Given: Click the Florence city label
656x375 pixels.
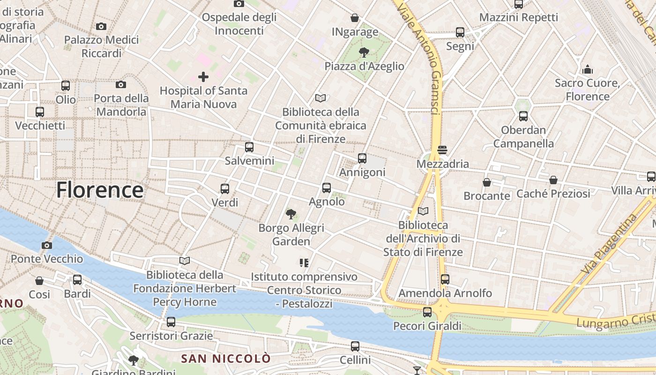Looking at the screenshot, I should [x=100, y=190].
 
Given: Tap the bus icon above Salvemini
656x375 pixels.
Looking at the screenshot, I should [x=249, y=147].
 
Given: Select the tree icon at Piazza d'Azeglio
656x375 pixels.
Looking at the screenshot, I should [x=364, y=52].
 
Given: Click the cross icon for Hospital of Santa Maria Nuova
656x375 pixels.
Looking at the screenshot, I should [x=203, y=76].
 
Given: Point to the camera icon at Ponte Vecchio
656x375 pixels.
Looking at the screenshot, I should [x=46, y=245].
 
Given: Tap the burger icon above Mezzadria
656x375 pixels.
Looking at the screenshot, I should [x=442, y=150].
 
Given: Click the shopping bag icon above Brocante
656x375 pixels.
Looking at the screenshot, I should [x=487, y=182].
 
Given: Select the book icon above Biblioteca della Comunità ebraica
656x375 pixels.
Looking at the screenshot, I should [x=321, y=98].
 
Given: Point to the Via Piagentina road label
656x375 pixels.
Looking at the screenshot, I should [x=609, y=244].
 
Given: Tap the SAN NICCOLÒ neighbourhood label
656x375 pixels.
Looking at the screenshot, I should [x=226, y=359].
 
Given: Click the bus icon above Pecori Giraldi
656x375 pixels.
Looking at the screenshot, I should [x=427, y=312].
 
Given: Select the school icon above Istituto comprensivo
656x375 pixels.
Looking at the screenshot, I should [x=304, y=263].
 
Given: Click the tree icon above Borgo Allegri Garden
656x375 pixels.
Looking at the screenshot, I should [x=291, y=214].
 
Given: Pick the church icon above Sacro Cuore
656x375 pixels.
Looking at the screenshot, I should [x=588, y=70].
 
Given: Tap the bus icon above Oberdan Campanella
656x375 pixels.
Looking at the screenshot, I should [x=523, y=116].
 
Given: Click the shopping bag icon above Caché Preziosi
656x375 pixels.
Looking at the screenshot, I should [x=553, y=180].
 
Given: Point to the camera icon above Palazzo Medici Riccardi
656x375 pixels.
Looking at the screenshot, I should [x=101, y=26].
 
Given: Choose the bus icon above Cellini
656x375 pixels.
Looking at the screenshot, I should [x=355, y=346].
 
